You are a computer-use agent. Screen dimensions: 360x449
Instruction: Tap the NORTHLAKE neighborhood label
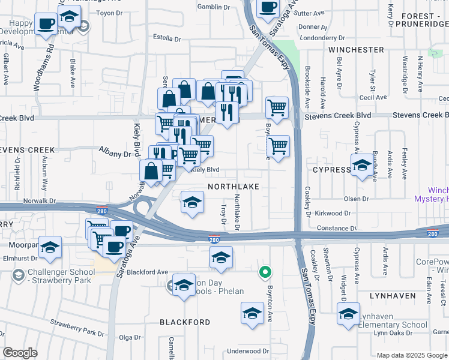tap(234, 187)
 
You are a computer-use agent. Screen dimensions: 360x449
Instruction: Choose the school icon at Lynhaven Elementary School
tap(349, 313)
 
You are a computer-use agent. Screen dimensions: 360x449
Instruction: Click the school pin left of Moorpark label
tap(51, 247)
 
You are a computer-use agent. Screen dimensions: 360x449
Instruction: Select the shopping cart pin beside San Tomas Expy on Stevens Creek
tap(277, 108)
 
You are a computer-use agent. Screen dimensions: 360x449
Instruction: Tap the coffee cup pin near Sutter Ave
tap(268, 7)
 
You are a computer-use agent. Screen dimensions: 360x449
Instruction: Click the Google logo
tap(20, 352)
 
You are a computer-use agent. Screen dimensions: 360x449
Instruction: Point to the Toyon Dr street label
tap(109, 12)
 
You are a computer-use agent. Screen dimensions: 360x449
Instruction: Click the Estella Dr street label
tap(167, 38)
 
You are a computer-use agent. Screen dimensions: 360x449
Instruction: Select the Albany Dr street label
tap(118, 154)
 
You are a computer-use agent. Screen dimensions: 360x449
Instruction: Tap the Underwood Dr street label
tap(249, 351)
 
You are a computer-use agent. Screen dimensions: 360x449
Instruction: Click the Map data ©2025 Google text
tap(412, 355)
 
